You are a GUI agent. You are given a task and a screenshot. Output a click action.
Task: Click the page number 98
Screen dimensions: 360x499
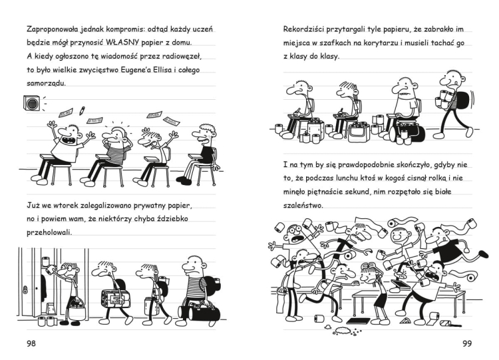click(x=30, y=343)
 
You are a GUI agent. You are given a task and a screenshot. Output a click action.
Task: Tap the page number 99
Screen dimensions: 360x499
click(x=467, y=343)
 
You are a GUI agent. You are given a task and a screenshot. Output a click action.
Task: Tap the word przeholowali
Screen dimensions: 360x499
click(x=49, y=233)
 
